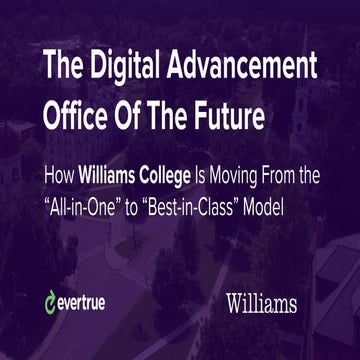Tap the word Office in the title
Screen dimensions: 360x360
76,111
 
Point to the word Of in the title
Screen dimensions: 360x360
132,111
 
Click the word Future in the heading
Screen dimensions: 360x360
229,111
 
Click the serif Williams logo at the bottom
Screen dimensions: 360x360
261,300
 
